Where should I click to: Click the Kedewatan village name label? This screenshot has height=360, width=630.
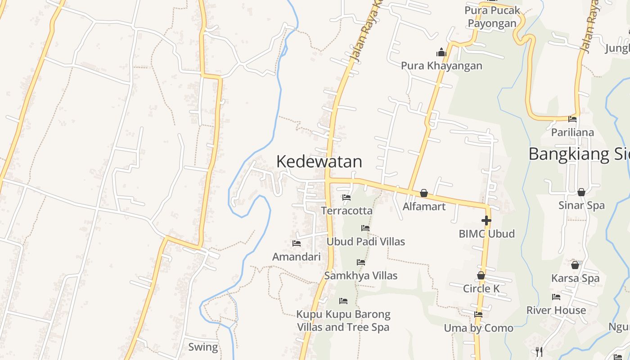(319, 162)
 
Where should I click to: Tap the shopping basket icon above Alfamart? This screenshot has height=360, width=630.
(423, 193)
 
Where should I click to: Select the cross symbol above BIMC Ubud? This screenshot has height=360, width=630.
(486, 220)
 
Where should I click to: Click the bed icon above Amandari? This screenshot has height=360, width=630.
(296, 243)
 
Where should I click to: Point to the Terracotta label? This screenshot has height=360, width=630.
(346, 211)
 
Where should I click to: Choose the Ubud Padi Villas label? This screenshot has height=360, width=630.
(365, 242)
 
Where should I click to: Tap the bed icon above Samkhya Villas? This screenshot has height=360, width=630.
(360, 262)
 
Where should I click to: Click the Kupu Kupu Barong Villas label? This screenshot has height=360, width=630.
(343, 320)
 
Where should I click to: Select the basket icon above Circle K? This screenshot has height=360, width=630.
(481, 275)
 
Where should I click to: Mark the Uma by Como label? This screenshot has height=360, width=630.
(478, 328)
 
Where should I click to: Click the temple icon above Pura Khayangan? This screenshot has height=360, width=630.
(441, 52)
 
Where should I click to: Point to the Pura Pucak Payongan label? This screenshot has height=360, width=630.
(492, 17)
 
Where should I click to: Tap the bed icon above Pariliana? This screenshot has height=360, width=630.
(572, 119)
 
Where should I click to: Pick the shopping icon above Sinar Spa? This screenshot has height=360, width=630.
(581, 192)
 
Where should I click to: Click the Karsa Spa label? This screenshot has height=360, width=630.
(575, 278)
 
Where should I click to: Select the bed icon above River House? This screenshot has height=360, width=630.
(556, 297)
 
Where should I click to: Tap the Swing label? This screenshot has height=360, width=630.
(203, 347)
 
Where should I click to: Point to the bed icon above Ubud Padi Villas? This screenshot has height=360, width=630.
(365, 228)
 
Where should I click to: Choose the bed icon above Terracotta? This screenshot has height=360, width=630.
(346, 197)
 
